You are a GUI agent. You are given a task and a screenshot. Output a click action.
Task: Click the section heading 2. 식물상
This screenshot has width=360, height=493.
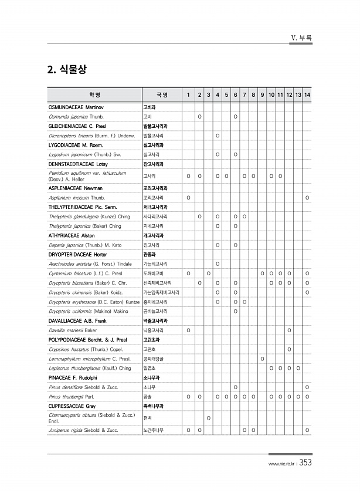67,69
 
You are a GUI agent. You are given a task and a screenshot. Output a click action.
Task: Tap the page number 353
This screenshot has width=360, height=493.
305,462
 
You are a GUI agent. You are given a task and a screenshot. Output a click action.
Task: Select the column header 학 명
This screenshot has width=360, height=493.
94,95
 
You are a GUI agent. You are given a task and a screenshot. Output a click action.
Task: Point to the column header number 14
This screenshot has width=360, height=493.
308,95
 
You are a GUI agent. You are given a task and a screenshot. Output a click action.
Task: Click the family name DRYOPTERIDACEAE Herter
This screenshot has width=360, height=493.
78,255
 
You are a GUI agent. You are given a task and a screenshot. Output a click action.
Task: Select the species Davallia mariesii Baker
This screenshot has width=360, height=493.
73,330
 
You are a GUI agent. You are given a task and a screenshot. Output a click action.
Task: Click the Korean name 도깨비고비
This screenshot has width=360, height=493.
155,273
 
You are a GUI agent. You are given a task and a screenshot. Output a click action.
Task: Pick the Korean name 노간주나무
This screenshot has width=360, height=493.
157,430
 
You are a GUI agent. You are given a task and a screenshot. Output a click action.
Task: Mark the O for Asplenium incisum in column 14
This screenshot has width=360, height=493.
308,198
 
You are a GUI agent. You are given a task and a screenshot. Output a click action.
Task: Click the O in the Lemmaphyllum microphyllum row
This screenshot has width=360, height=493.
262,359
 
